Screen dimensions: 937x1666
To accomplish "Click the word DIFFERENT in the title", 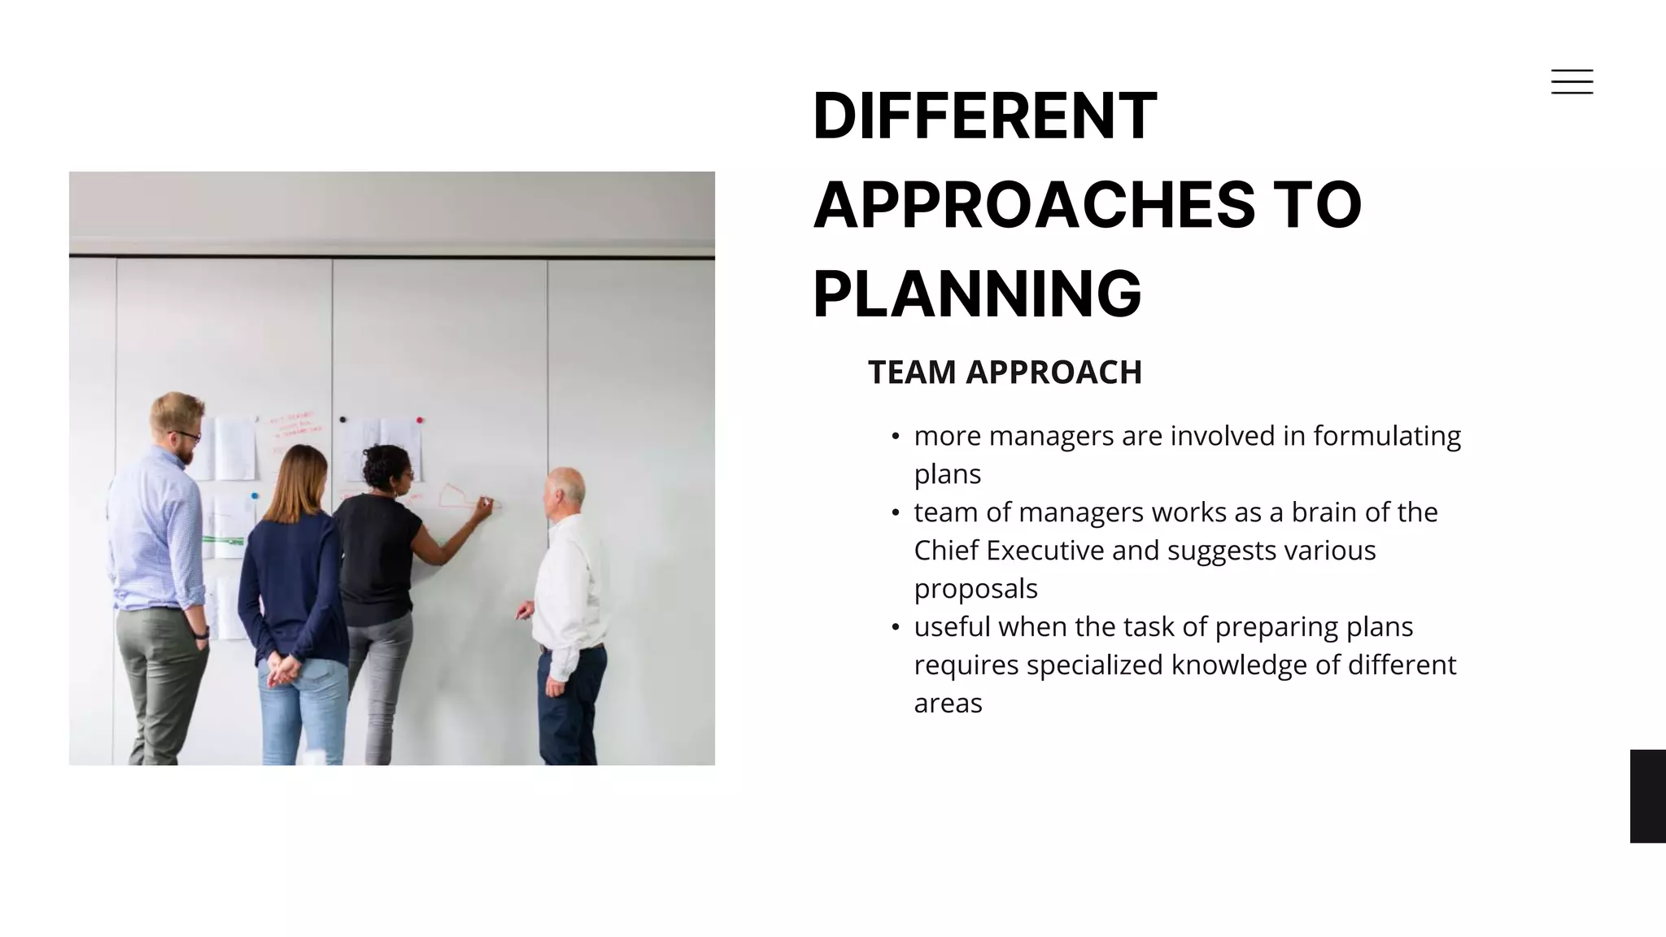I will pos(984,115).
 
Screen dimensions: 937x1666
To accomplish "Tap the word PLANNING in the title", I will pos(977,294).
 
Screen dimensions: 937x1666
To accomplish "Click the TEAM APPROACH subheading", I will pos(1005,373).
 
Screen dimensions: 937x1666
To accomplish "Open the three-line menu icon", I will pos(1572,81).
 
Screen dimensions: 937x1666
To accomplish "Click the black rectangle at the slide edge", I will pos(1647,795).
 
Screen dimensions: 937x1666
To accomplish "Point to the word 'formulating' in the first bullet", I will pos(1387,436).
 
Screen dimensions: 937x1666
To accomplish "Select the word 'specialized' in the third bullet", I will pos(1095,665).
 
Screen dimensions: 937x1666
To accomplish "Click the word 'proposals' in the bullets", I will pos(975,589).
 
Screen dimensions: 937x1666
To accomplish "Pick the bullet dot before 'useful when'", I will pos(896,627).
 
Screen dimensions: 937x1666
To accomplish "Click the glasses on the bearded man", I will pos(186,436).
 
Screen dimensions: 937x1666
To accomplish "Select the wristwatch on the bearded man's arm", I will pos(202,632).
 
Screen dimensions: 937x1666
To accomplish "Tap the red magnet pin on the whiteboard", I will pos(420,421).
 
